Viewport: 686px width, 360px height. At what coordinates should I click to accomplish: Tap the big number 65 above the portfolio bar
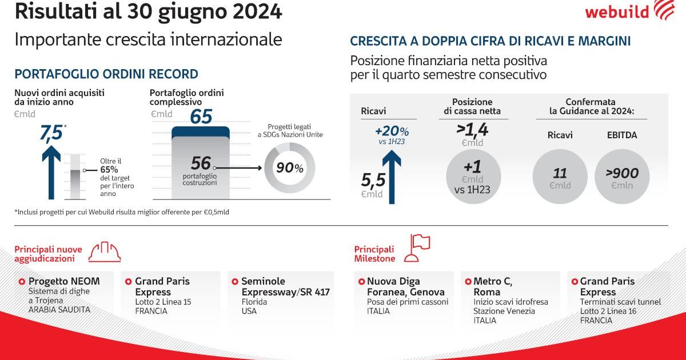pos(201,116)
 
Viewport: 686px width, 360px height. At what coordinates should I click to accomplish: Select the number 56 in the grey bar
pos(201,163)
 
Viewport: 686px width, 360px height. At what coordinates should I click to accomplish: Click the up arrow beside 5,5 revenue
pos(392,175)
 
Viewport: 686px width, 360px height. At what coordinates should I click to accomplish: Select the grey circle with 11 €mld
pos(560,177)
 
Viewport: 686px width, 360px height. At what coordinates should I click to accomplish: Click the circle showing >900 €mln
pos(623,177)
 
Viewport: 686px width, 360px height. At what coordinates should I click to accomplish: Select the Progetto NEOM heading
pos(64,281)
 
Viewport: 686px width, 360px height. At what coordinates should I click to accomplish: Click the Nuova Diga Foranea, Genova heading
pos(397,286)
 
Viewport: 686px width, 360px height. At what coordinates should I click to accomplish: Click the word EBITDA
pos(622,135)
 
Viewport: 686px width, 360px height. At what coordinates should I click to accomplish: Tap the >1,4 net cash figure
pos(472,129)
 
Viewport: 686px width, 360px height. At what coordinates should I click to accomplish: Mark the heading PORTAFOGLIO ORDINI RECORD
pos(106,74)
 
